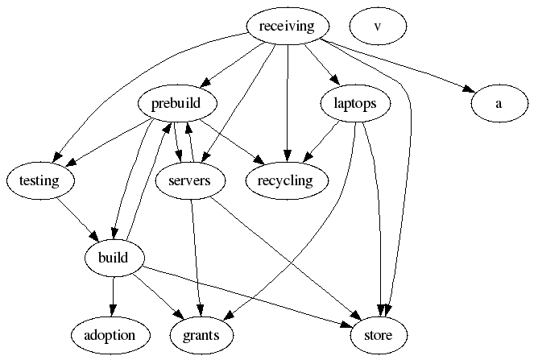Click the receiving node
pyautogui.click(x=287, y=27)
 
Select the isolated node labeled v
pyautogui.click(x=378, y=27)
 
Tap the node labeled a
pyautogui.click(x=499, y=103)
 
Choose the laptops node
pyautogui.click(x=355, y=103)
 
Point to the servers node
pyautogui.click(x=190, y=180)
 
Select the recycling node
pyautogui.click(x=285, y=180)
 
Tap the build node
pyautogui.click(x=114, y=258)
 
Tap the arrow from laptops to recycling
pyautogui.click(x=321, y=141)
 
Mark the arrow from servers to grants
pyautogui.click(x=195, y=258)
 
